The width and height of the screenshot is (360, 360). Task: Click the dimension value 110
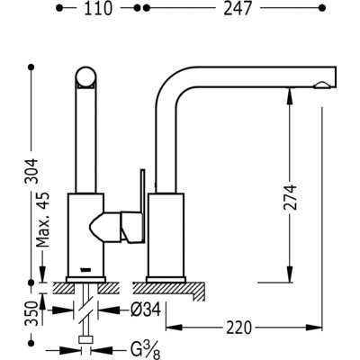98,8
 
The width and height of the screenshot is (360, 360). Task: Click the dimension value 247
237,8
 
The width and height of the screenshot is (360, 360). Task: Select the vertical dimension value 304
32,171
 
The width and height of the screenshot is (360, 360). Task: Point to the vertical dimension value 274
290,197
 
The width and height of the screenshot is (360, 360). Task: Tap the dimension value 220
238,328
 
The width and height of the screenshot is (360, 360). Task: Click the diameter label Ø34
146,310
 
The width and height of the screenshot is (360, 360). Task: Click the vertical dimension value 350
32,313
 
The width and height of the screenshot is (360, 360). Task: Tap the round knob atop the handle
86,76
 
